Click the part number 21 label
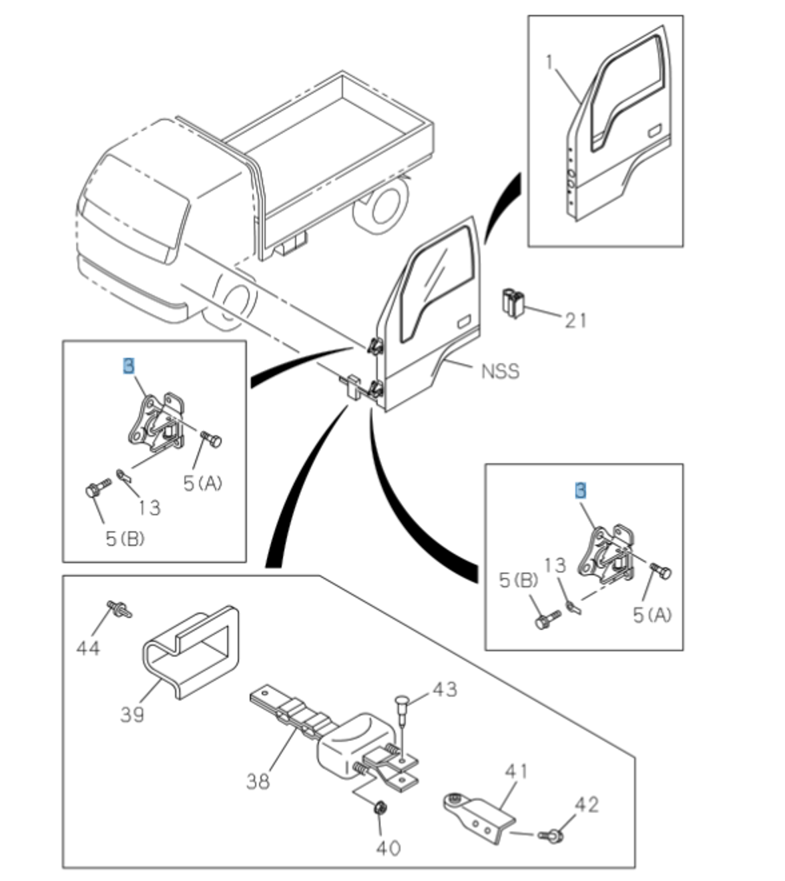(x=575, y=320)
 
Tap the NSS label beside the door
(x=500, y=370)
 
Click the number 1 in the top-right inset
(x=549, y=63)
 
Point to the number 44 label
(x=87, y=647)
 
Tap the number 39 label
(x=132, y=715)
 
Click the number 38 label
(x=258, y=780)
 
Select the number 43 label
(x=445, y=689)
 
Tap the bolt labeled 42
(x=554, y=834)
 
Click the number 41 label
(x=516, y=772)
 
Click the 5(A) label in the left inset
(x=203, y=483)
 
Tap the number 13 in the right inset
(x=554, y=566)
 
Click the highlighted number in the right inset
(x=580, y=491)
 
